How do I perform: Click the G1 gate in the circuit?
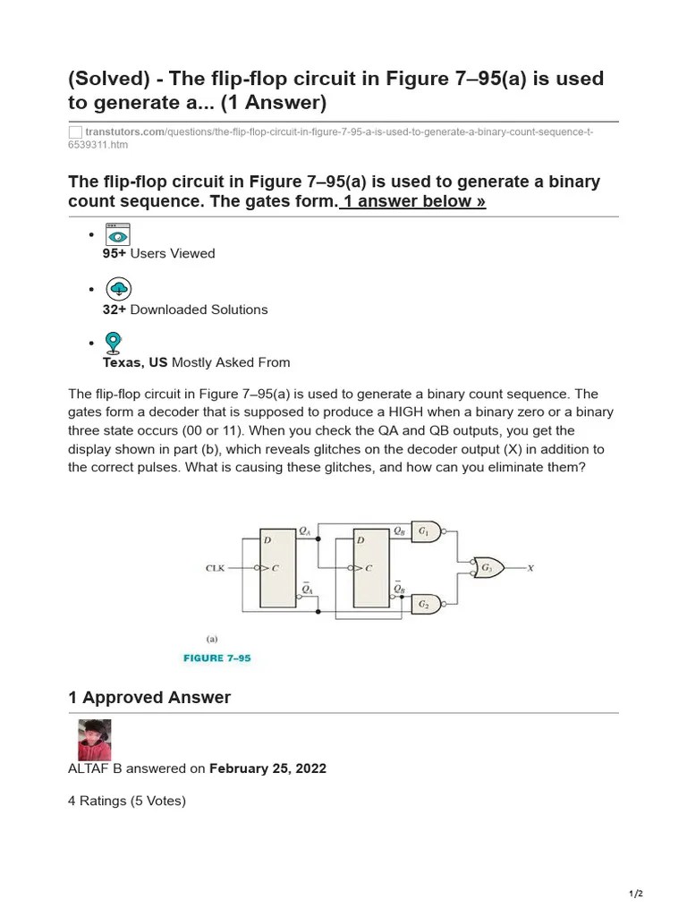pos(425,532)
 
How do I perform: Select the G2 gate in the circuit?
pos(425,605)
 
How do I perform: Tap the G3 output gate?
pos(488,568)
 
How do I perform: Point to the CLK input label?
pos(216,568)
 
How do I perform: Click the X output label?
pos(530,568)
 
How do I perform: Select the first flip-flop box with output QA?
pos(278,568)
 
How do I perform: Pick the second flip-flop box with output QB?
pos(371,568)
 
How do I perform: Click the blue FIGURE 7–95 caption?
pos(216,657)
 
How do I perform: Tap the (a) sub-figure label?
pos(212,639)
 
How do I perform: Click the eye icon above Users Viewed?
pos(117,234)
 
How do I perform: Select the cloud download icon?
pos(118,289)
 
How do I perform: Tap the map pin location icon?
pos(113,343)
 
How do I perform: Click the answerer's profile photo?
pos(94,740)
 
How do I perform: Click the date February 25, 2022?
pos(267,768)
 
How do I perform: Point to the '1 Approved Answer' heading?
pos(149,698)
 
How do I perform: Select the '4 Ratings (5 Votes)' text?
pos(127,801)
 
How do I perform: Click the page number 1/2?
pos(635,894)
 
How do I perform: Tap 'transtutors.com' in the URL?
pos(124,132)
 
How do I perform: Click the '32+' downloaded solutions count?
pos(114,310)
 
